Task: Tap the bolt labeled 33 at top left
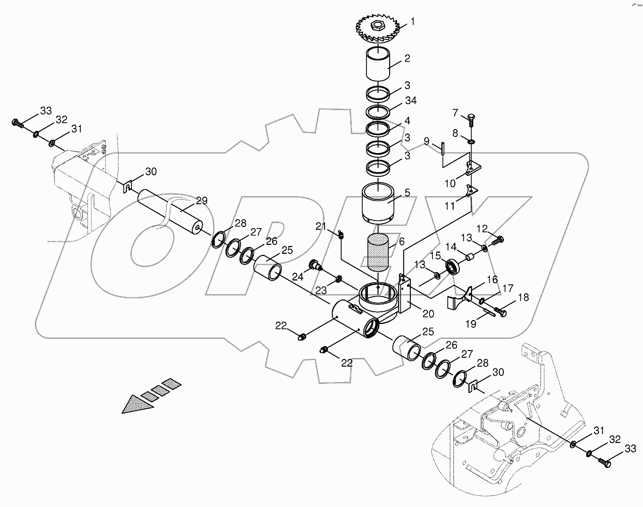(16, 122)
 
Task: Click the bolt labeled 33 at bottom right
(603, 461)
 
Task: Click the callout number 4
(408, 120)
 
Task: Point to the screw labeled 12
(498, 240)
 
